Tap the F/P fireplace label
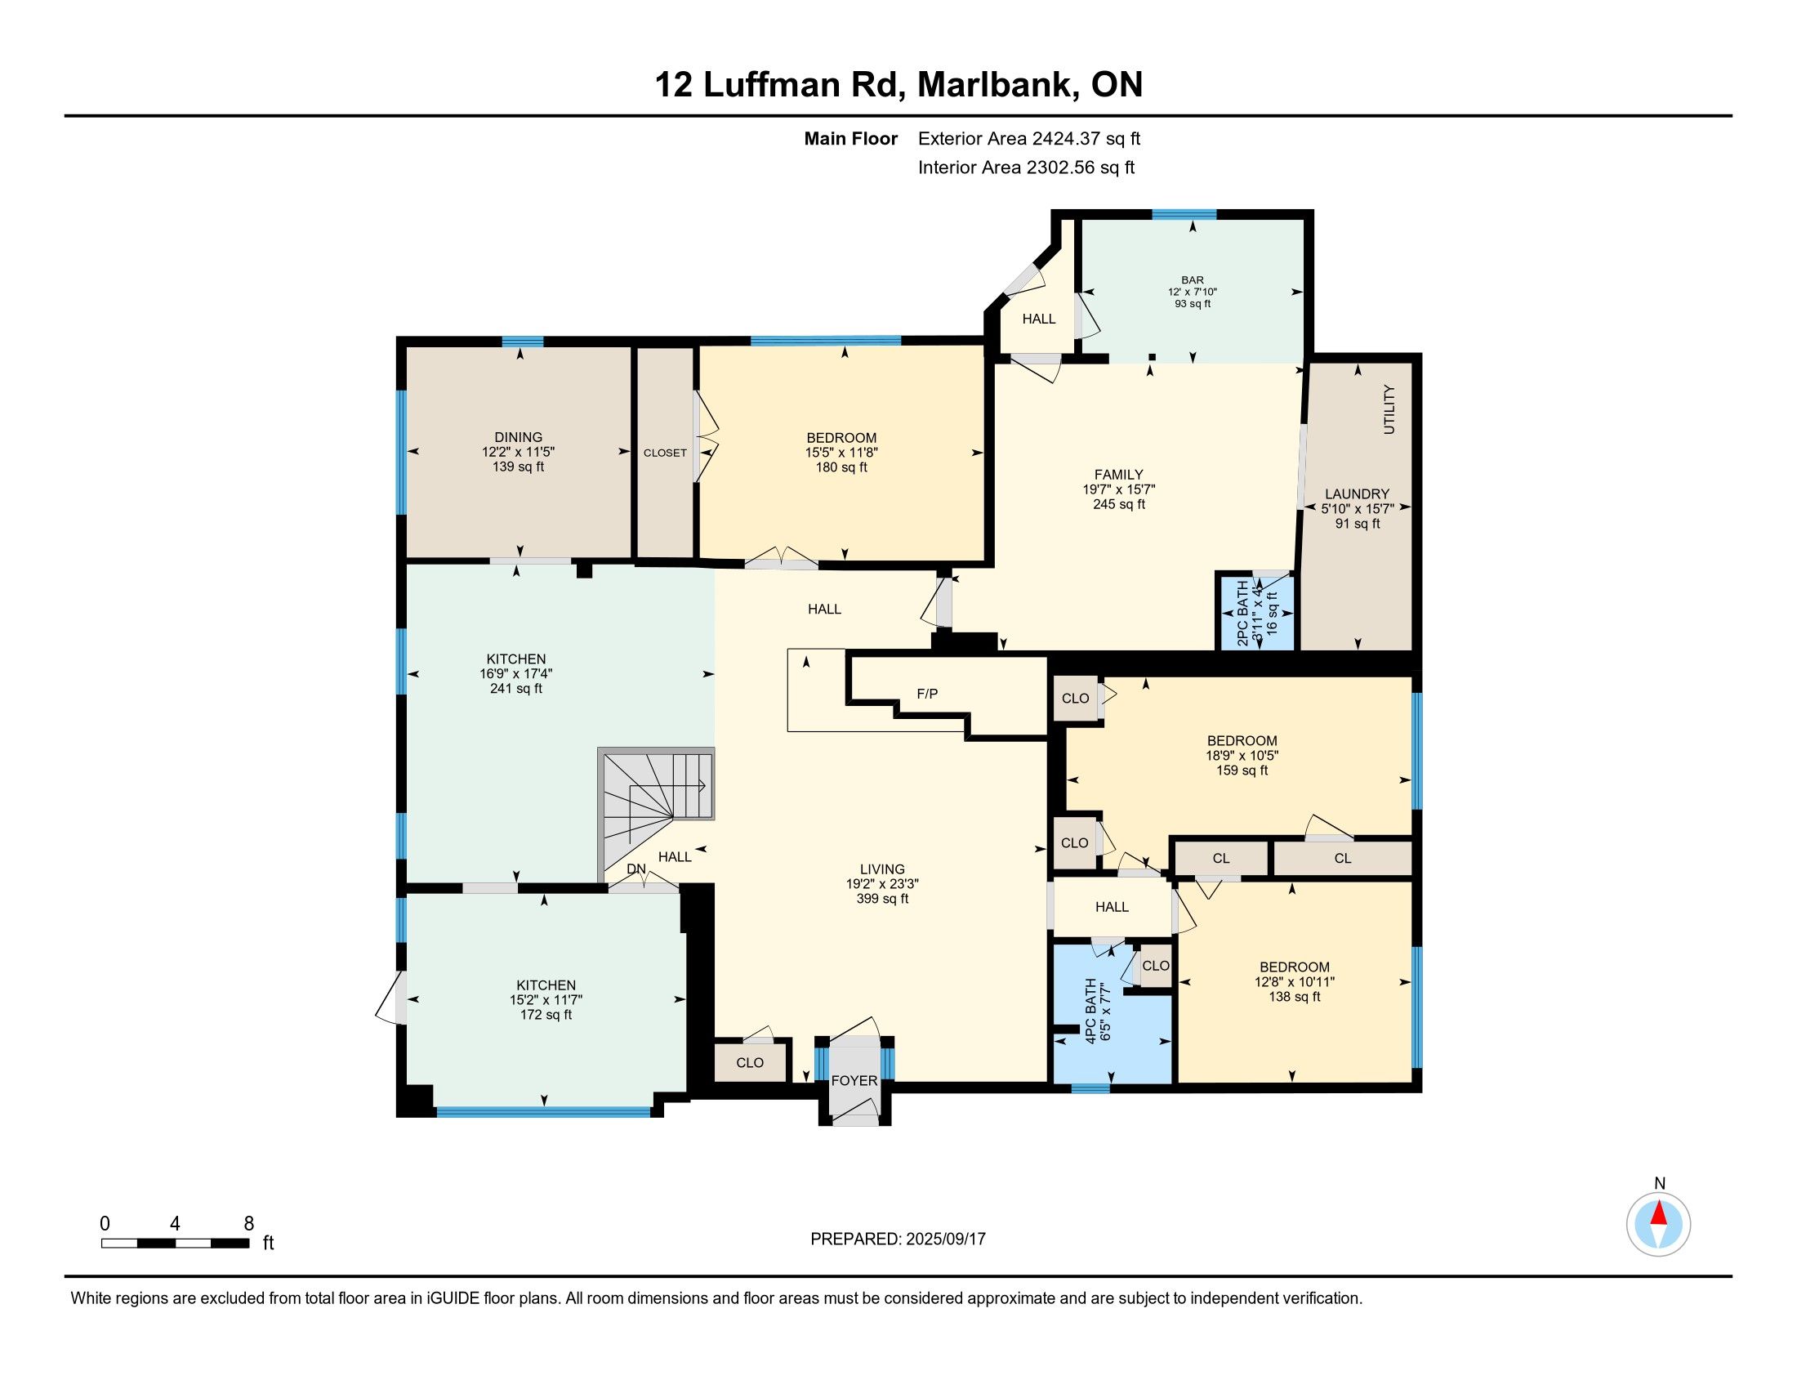coord(927,694)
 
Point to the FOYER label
coord(854,1080)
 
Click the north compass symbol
coord(1659,1225)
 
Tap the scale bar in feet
coord(176,1243)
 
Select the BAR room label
coord(1193,280)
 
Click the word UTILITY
coord(1389,409)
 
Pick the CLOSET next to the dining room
coord(665,453)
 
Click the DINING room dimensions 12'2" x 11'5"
coord(519,452)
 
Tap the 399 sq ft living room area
coord(882,899)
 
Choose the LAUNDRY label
coord(1357,494)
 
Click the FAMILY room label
coord(1118,474)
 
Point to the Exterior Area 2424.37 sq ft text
coord(1029,138)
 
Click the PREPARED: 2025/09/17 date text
coord(898,1239)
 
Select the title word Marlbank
coord(998,85)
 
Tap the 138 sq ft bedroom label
coord(1295,997)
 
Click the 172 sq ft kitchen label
coord(546,1015)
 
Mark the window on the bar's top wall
coord(1184,215)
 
